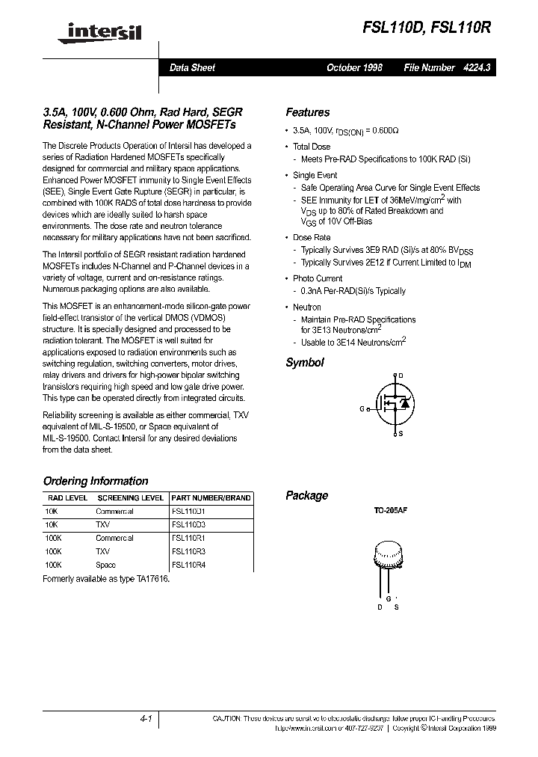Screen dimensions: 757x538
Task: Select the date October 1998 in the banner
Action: point(354,67)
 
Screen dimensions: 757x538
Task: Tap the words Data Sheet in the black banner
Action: point(192,67)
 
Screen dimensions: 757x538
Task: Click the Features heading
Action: point(307,112)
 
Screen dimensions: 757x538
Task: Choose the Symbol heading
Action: point(305,362)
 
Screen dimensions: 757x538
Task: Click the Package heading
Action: point(306,495)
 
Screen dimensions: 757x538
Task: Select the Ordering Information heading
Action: point(96,481)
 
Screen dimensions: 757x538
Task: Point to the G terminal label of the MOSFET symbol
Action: point(362,409)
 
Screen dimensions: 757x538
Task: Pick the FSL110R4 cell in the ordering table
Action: point(188,566)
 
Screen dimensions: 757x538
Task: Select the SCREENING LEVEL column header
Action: point(131,497)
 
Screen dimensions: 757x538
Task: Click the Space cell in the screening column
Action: point(105,566)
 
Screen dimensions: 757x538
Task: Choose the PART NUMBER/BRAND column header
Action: point(211,497)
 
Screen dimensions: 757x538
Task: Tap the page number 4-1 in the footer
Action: point(146,719)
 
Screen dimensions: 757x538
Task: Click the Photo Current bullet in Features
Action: point(318,278)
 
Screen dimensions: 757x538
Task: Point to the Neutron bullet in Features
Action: point(307,307)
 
